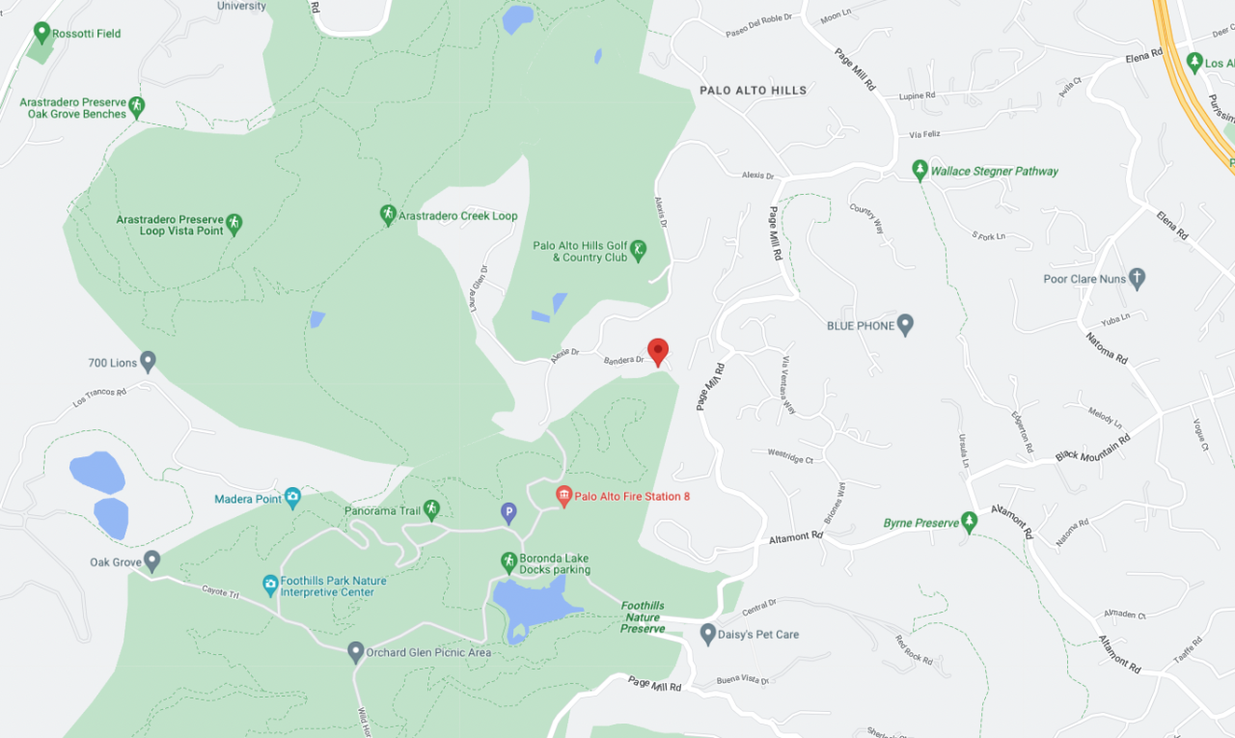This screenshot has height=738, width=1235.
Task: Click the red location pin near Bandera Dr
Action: point(658,351)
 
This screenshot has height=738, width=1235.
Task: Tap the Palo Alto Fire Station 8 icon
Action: point(564,496)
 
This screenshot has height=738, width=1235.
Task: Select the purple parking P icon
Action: point(508,513)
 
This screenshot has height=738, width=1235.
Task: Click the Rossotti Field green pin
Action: point(41,33)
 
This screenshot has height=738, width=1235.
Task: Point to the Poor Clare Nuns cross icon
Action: point(1137,279)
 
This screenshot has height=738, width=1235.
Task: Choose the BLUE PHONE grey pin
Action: point(905,325)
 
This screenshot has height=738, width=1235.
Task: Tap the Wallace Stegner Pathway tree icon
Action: point(920,171)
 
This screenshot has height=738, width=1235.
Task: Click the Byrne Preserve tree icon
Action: point(970,522)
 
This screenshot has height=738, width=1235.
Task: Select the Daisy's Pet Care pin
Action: point(708,634)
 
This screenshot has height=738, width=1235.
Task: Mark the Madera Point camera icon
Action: point(292,498)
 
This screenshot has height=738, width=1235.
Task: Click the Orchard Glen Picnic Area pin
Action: point(355,652)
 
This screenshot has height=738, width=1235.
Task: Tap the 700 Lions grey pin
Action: point(148,362)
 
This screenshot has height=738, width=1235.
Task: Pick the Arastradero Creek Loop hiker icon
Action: point(388,215)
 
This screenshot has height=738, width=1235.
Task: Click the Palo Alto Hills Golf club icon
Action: point(638,252)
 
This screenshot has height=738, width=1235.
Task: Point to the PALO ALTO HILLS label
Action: point(753,91)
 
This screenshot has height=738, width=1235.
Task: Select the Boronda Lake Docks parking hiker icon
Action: point(508,561)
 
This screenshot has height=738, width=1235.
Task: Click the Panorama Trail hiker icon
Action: point(431,508)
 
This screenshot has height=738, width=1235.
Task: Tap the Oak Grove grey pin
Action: point(152,561)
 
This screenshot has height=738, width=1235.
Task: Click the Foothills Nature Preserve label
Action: point(643,617)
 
